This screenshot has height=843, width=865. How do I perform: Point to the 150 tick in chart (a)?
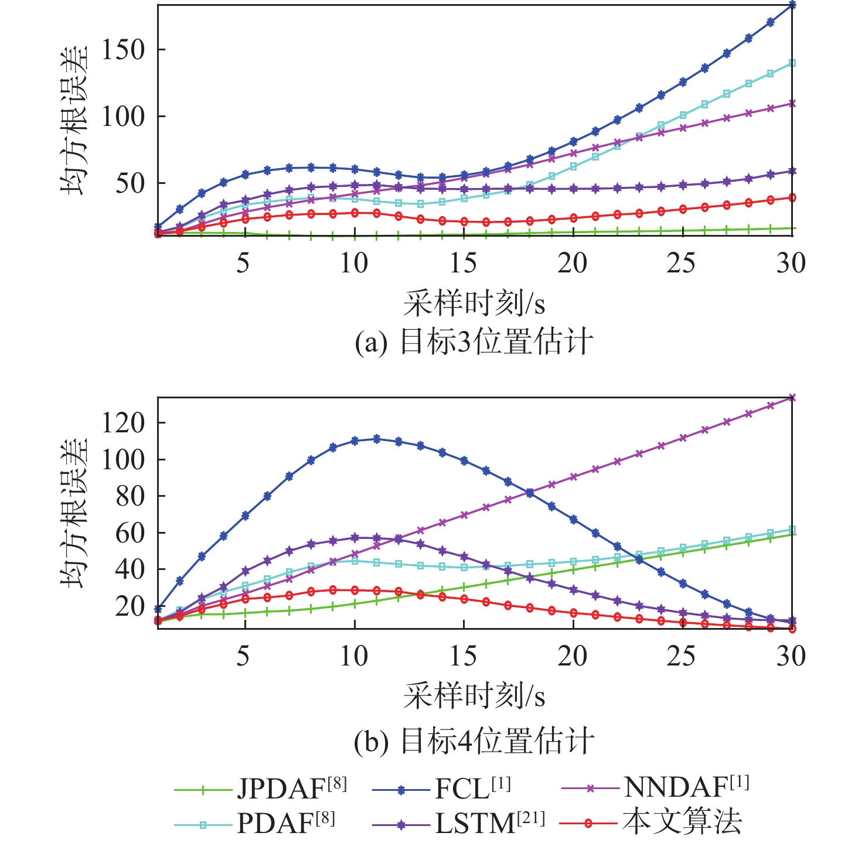(x=122, y=50)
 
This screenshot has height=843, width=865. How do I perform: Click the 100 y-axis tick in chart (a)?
(x=122, y=117)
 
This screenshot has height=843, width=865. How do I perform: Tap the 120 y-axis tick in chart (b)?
(x=122, y=423)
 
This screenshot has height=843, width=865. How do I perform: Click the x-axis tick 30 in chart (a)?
(x=791, y=263)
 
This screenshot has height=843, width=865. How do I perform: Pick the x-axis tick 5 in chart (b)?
(x=243, y=656)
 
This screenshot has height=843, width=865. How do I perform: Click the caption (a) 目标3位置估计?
(x=474, y=342)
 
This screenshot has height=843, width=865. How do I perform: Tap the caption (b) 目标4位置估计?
(x=474, y=741)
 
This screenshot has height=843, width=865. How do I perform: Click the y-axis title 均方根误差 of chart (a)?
(x=75, y=120)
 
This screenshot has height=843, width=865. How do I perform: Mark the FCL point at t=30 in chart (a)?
(x=792, y=5)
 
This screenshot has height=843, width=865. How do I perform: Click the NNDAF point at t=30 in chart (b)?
(x=792, y=398)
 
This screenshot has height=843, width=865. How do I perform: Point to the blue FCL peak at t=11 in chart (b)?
(x=376, y=439)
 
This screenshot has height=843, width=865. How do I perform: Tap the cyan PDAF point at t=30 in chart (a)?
(x=792, y=63)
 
